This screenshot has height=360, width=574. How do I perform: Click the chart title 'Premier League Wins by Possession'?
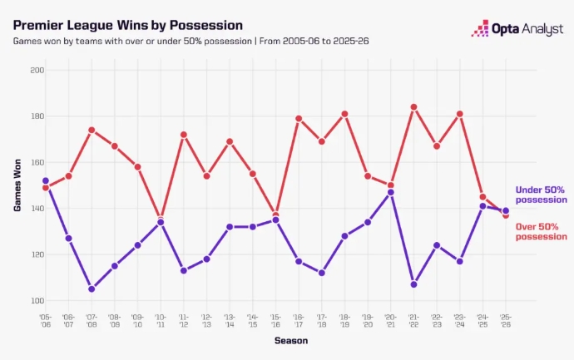pos(128,25)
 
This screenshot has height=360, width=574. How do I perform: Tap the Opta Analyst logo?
pos(517,28)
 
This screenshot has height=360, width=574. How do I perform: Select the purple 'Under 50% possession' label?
pos(541,195)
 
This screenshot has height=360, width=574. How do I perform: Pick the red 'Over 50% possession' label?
pos(541,232)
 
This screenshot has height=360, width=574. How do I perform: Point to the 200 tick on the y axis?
pos(37,70)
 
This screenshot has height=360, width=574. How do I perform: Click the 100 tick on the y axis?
pos(37,301)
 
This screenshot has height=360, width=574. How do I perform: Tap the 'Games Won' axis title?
pos(17,185)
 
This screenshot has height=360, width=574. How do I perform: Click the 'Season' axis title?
pos(291,341)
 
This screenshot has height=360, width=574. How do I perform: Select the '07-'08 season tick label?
pos(92,321)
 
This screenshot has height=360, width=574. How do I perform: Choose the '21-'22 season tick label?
pos(413,321)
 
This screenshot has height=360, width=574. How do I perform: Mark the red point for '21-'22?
pos(413,107)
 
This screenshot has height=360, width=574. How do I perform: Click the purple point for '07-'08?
pos(92,289)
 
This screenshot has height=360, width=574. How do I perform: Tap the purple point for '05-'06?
pos(46,180)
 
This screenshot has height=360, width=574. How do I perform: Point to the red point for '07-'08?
pos(92,130)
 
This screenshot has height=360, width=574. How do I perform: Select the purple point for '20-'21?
pos(391,192)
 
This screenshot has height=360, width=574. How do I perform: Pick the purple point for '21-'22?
pos(413,284)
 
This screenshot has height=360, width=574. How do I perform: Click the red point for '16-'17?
pos(299,119)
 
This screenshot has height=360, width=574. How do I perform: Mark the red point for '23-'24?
pos(460,114)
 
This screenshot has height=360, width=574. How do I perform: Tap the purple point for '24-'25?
pos(482,206)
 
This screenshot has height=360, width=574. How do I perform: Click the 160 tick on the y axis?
pos(37,162)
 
